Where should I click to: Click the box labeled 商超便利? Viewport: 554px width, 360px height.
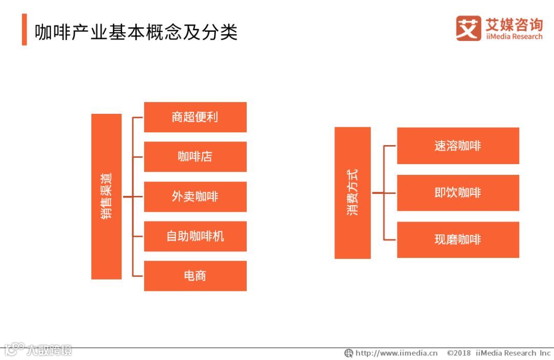tap(195, 117)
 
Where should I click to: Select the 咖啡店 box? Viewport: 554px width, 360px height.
tap(195, 156)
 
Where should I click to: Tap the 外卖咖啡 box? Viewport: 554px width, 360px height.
tap(195, 196)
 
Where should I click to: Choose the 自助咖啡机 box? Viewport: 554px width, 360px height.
tap(195, 236)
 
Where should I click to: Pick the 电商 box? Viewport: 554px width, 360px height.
tap(195, 276)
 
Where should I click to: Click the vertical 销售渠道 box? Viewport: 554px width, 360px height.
tap(106, 196)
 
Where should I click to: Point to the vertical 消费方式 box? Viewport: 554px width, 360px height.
tap(352, 193)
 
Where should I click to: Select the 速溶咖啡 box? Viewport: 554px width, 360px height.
tap(458, 146)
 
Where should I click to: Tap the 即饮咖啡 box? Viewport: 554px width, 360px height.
tap(458, 193)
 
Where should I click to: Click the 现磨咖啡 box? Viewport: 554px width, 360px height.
tap(458, 239)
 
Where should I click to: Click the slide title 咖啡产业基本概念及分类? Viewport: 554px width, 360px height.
tap(136, 32)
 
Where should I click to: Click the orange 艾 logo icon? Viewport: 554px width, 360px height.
tap(468, 28)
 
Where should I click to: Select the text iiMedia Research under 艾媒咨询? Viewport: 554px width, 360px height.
tap(513, 37)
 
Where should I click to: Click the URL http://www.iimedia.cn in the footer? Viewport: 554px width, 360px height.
tap(396, 353)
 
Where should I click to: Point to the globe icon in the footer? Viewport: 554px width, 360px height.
tap(349, 353)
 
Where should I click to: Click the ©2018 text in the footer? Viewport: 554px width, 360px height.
tap(459, 353)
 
